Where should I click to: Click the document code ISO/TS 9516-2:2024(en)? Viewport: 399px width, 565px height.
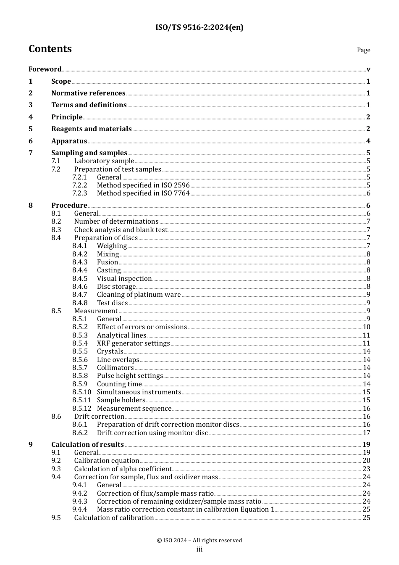199,28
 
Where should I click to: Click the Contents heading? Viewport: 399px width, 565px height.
50,49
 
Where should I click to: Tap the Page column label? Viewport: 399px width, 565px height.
363,50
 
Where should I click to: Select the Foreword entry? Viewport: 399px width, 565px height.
45,69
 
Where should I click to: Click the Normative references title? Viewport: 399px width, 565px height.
88,93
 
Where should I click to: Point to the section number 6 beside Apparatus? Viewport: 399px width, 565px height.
30,141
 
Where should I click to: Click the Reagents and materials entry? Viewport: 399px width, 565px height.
91,129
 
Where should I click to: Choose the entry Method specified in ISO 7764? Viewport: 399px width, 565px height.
143,193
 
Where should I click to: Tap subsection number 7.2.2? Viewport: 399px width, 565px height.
79,185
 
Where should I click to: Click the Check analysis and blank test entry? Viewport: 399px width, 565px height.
121,230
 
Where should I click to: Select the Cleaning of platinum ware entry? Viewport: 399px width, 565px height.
139,295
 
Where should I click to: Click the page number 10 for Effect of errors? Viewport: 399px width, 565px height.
366,327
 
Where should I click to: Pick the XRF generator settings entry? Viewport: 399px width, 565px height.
133,343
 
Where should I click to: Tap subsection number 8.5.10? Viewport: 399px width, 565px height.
81,392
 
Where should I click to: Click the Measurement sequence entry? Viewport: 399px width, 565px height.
134,409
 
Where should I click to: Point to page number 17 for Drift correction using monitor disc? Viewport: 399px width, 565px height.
366,433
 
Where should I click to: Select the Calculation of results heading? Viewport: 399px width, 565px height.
87,445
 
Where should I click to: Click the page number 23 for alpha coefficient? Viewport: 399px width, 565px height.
366,469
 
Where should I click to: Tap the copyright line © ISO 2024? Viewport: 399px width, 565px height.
199,541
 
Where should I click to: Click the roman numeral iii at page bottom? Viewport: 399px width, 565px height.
199,550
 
